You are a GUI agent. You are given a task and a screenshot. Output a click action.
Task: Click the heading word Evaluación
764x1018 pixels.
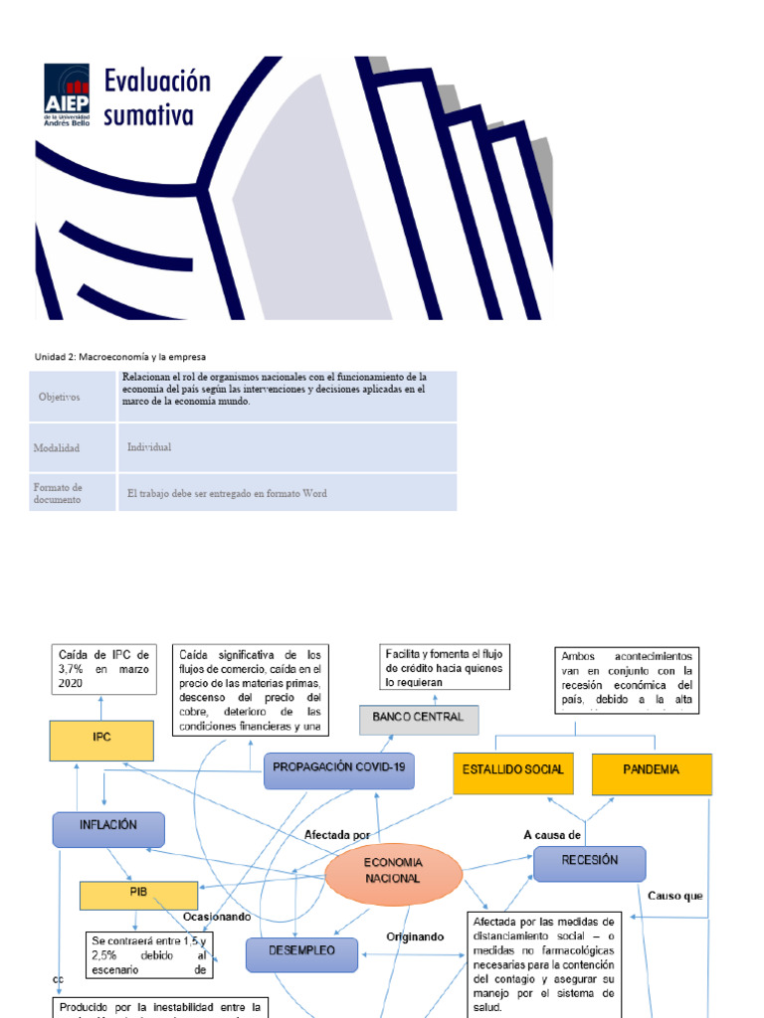158,82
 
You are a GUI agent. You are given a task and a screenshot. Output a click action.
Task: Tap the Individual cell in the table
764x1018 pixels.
149,447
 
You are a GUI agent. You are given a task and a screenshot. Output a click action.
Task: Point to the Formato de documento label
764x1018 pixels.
57,493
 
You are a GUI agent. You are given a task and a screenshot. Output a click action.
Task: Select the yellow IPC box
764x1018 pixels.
101,741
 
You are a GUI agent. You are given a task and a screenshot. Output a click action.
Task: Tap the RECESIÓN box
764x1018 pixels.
590,862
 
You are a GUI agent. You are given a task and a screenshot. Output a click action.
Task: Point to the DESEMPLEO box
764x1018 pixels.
301,951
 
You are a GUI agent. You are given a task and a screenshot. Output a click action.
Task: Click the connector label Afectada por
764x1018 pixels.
337,835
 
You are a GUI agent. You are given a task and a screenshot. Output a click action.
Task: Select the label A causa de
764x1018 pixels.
552,834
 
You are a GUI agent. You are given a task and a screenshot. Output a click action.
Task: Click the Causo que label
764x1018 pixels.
675,896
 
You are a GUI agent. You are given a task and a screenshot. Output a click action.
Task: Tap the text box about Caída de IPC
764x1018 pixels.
103,669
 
